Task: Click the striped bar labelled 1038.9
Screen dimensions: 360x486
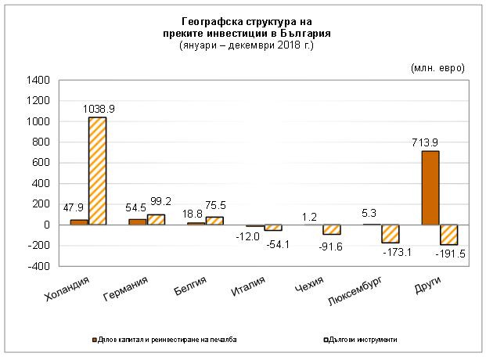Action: coord(98,171)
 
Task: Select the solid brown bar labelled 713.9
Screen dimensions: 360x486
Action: coord(430,188)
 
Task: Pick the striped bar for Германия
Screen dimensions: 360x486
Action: coord(157,219)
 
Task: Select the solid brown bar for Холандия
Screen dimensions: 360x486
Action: coord(79,222)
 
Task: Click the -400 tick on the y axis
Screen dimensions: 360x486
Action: coord(38,266)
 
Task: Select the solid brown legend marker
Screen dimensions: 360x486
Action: coord(92,340)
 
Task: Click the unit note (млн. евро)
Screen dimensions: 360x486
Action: coord(437,68)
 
